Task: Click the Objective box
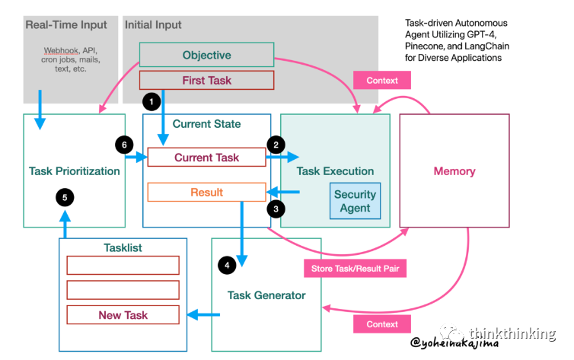[206, 55]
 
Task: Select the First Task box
[206, 80]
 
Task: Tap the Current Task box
[206, 158]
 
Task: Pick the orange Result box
[206, 193]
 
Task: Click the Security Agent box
[355, 200]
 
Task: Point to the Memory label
[454, 171]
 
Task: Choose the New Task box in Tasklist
[123, 315]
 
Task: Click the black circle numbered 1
[152, 100]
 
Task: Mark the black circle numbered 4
[227, 266]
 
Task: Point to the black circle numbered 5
[65, 198]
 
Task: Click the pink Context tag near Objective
[381, 81]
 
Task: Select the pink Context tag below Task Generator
[381, 323]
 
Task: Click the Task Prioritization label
[75, 171]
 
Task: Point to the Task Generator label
[266, 295]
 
